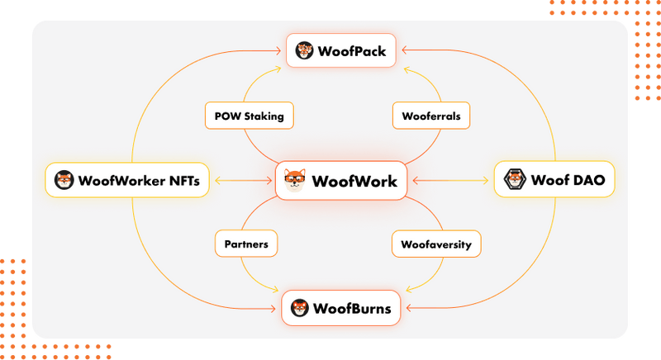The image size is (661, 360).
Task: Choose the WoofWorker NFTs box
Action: coord(127,179)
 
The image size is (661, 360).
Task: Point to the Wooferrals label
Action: coord(430,116)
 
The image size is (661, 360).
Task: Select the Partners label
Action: coord(246,244)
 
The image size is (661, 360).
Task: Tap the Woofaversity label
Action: coord(435,244)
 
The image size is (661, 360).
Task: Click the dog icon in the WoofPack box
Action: coord(304,50)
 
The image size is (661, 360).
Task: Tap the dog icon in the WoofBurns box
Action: coord(299,309)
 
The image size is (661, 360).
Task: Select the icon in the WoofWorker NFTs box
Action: coord(64,179)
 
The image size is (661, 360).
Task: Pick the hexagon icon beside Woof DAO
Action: coord(515,179)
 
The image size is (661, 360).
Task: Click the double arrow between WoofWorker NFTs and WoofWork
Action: coord(242,179)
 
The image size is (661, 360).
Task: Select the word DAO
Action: coord(585,179)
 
